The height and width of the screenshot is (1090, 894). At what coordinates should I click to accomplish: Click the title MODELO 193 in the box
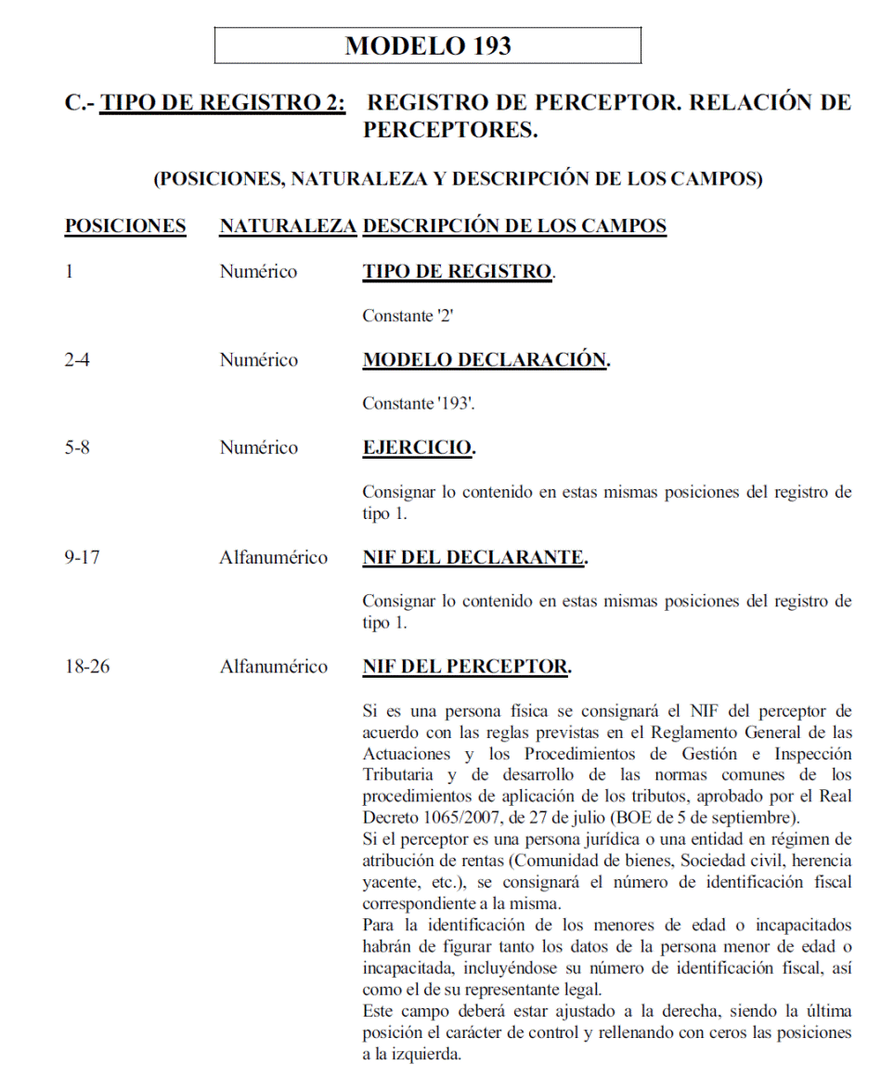pos(428,45)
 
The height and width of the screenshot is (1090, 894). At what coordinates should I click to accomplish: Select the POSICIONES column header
pos(125,226)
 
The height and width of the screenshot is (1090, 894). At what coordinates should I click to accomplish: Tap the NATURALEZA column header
pos(288,226)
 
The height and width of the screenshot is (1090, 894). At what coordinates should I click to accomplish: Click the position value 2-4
pos(77,360)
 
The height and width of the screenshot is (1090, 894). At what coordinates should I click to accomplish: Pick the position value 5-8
pos(77,448)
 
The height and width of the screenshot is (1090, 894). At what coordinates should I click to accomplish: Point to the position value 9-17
pos(82,557)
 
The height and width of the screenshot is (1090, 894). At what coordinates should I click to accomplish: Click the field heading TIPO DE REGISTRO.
pos(457,272)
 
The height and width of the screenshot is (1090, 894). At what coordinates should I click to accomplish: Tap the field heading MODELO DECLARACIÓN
pos(485,360)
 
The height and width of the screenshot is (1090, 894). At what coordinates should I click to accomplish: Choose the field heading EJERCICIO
pos(418,448)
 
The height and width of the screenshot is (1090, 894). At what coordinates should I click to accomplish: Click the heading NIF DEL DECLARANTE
pos(473,557)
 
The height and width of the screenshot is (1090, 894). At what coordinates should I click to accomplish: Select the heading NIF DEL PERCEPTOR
pos(465,667)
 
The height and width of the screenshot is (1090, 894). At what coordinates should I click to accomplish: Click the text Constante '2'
pos(407,316)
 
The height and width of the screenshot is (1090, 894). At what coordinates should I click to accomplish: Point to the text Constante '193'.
pos(414,404)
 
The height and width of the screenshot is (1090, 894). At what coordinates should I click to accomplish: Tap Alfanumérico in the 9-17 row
pos(273,557)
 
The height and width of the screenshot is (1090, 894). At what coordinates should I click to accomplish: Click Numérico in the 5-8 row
pos(258,448)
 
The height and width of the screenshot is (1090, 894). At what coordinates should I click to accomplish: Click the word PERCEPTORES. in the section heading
pos(450,130)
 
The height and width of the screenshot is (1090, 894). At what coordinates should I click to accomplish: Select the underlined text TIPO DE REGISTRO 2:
pos(223,102)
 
